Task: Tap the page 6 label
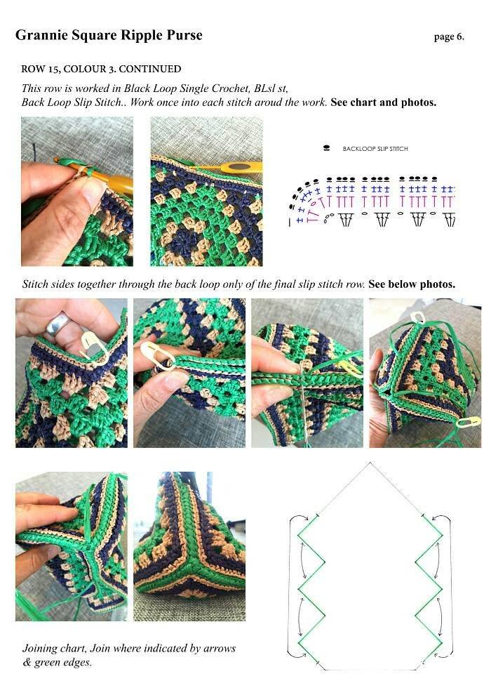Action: (x=449, y=37)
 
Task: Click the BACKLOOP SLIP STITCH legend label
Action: (x=375, y=149)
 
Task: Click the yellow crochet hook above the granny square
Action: (x=230, y=168)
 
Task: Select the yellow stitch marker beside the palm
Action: (x=469, y=422)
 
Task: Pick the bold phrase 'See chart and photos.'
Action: (x=384, y=102)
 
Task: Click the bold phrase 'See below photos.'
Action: (x=412, y=284)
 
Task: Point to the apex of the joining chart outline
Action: (x=370, y=463)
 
